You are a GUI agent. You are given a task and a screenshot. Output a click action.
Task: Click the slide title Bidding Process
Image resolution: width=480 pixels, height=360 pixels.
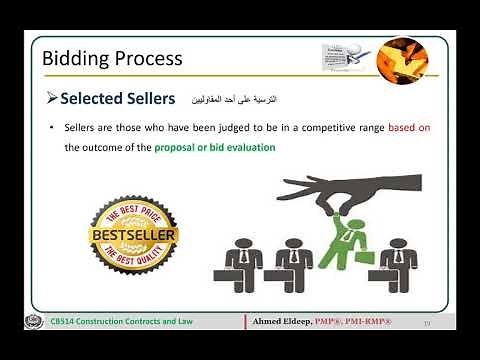pyautogui.click(x=112, y=58)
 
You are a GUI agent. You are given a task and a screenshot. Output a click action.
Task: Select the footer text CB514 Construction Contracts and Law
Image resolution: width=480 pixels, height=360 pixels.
pyautogui.click(x=123, y=321)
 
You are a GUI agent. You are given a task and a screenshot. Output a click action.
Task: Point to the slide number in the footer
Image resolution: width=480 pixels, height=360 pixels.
pyautogui.click(x=428, y=322)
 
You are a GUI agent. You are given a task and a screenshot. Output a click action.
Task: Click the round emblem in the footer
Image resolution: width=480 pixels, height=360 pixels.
pyautogui.click(x=29, y=321)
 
